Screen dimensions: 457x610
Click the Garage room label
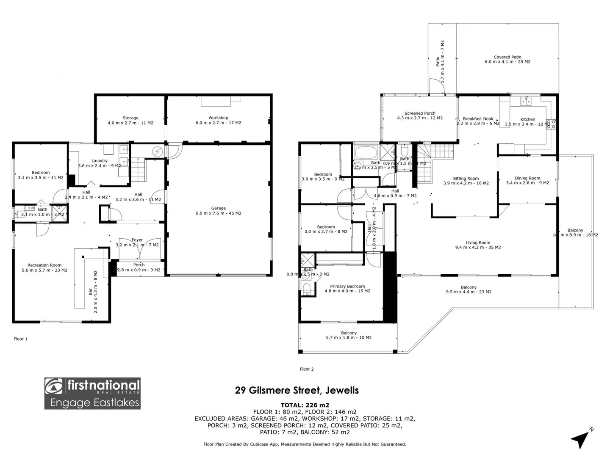[219, 208]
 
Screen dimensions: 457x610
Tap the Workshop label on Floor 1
[218, 118]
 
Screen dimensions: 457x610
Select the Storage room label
[130, 118]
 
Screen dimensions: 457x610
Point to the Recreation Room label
[44, 265]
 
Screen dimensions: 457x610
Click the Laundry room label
[100, 161]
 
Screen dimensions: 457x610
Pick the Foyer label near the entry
[137, 240]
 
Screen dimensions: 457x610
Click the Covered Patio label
[507, 57]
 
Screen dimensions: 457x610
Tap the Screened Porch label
[420, 113]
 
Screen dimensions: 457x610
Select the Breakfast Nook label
[478, 119]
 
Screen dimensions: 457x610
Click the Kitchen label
[527, 119]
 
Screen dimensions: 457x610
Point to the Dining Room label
[527, 178]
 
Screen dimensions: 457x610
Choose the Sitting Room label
[466, 179]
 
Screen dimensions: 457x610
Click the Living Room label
[478, 243]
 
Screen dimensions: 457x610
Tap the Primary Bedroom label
[347, 286]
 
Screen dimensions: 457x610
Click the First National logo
[92, 394]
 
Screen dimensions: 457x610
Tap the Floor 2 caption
[307, 369]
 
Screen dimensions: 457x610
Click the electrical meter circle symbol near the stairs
[158, 151]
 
